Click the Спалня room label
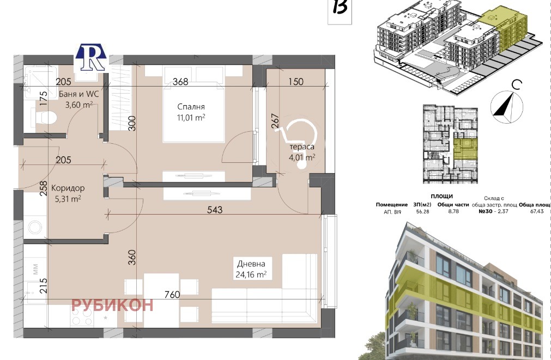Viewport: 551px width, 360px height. tap(191, 107)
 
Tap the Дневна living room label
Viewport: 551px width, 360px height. tap(251, 264)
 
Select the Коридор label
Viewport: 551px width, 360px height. tap(68, 188)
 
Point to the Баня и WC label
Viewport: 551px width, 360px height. tap(78, 94)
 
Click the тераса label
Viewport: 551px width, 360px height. tap(302, 147)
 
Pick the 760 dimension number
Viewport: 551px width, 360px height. tap(172, 294)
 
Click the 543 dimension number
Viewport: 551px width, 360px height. tap(215, 210)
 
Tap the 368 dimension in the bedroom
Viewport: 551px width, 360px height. tap(180, 82)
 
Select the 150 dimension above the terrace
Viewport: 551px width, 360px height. tap(296, 82)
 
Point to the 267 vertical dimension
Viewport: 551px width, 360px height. tap(275, 121)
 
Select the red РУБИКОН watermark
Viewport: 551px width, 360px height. tap(112, 305)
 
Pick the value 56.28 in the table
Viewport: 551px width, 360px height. tap(422, 211)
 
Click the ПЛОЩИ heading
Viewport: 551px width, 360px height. tap(441, 196)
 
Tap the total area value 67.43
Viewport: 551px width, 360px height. tap(537, 211)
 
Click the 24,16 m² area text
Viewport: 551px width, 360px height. tap(251, 274)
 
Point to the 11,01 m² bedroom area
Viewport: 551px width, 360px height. tap(191, 117)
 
